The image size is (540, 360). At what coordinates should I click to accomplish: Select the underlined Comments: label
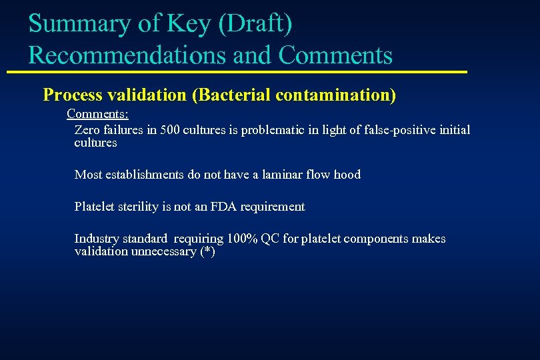pyautogui.click(x=97, y=114)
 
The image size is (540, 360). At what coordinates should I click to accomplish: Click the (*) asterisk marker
pyautogui.click(x=207, y=251)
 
